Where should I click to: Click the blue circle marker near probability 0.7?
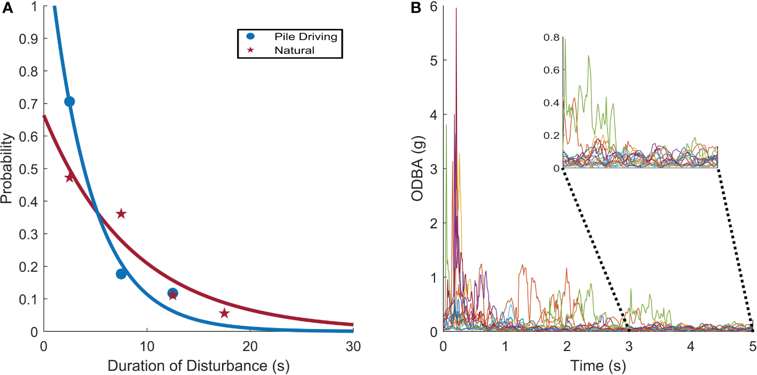point(69,101)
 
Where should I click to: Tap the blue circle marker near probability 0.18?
point(121,274)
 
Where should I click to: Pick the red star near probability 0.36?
point(121,214)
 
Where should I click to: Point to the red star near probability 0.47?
point(69,177)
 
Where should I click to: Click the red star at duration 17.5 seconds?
point(224,313)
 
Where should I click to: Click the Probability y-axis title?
point(7,169)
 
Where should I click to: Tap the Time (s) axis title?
point(598,366)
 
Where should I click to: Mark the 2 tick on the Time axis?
point(567,347)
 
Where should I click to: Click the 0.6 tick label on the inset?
point(553,70)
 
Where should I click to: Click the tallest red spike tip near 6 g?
point(456,9)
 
